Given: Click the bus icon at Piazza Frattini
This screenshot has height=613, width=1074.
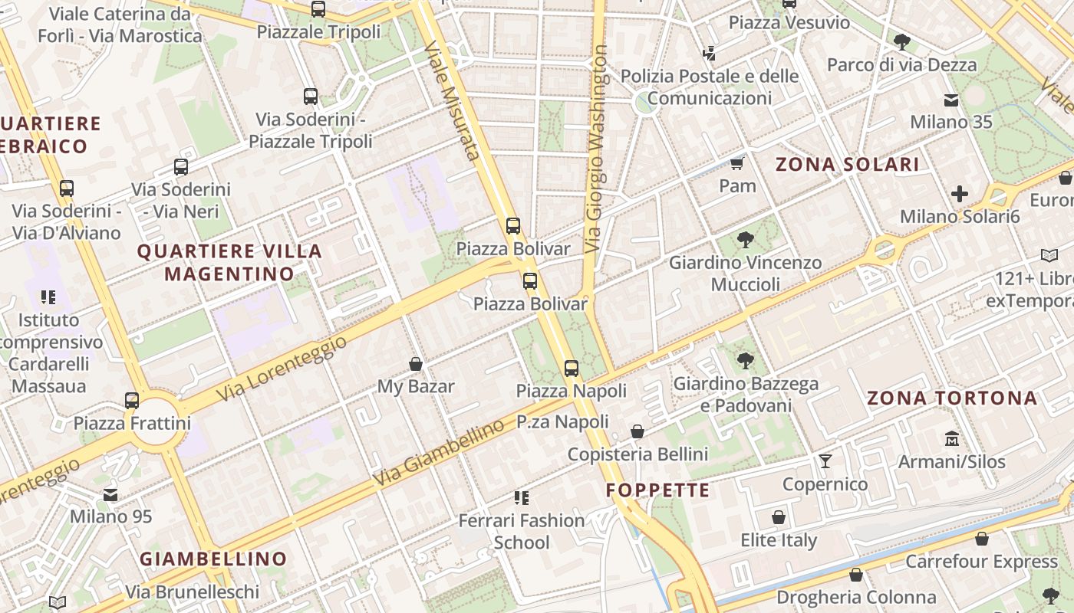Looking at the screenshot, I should point(132,400).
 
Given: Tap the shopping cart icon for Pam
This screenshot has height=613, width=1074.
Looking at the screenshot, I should point(737,163).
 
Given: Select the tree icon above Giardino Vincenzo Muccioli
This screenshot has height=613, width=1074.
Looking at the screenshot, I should point(745,240).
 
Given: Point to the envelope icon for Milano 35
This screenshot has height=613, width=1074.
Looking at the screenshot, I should point(951,100).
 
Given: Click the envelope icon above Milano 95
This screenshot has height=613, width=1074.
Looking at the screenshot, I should point(111,494).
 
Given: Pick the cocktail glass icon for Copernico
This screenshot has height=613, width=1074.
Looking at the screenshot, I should point(825,461).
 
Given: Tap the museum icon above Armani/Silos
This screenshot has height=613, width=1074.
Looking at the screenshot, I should point(952,439).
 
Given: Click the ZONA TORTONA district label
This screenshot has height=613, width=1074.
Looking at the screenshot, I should point(952,398).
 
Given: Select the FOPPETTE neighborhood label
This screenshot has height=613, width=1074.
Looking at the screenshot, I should point(658,490).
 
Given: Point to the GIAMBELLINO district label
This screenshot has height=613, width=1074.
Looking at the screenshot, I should point(213,559).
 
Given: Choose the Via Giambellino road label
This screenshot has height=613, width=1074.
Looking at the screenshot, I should point(439,454).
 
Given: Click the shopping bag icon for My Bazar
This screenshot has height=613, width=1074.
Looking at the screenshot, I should point(416,364).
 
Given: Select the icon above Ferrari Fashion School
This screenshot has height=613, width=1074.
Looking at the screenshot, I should point(522,498).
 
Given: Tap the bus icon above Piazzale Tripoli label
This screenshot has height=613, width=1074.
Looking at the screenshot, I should point(318,9).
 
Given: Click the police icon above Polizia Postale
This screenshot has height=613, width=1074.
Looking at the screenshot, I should point(710,54).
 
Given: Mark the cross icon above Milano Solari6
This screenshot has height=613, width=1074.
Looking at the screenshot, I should point(960,194).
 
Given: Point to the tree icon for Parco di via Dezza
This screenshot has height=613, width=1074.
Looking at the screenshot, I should point(902,41).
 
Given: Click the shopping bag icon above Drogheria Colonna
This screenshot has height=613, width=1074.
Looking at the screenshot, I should point(856,575).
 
